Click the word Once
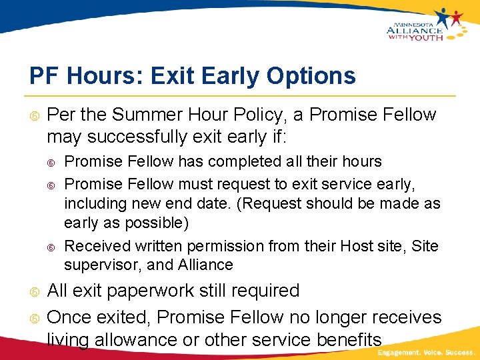70,317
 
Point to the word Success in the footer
460,351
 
